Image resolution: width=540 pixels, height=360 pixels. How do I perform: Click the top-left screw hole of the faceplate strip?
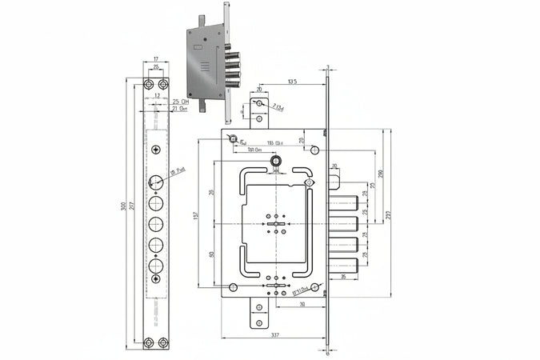148,84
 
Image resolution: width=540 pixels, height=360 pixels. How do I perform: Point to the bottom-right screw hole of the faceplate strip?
163,345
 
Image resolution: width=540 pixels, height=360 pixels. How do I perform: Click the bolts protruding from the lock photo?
235,70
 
